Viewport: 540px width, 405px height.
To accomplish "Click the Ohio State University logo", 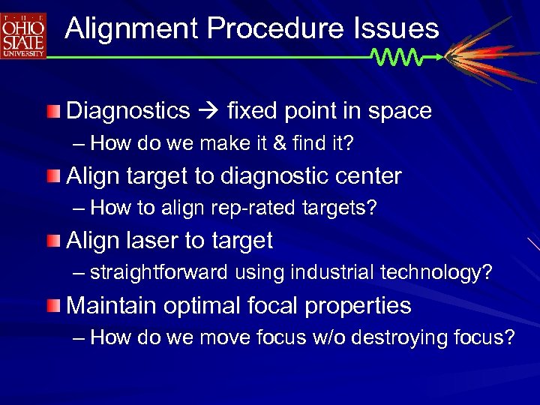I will [x=23, y=36].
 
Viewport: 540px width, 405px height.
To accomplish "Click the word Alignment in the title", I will [x=131, y=28].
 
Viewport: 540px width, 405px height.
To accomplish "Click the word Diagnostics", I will [x=128, y=111].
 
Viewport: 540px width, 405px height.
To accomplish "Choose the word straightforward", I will [x=158, y=273].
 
